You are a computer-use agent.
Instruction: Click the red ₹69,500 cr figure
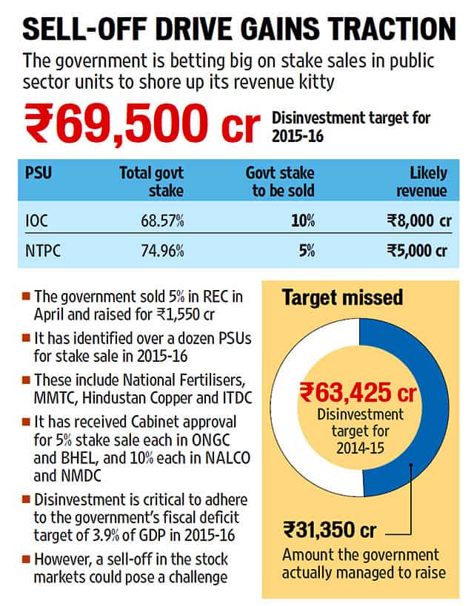coord(142,124)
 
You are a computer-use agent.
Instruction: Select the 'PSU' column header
coord(39,172)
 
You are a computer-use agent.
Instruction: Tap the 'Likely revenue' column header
coord(421,181)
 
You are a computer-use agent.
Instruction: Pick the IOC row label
coord(36,220)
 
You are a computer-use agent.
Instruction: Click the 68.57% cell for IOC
coord(162,220)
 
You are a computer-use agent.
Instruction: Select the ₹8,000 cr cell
coord(419,220)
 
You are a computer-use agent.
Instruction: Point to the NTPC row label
coord(43,251)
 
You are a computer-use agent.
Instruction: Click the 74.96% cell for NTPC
coord(162,251)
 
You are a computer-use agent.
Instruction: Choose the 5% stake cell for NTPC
coord(307,251)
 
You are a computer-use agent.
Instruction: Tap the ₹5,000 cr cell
coord(417,251)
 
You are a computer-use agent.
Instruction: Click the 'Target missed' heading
coord(342,297)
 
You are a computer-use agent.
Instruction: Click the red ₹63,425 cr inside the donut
coord(358,392)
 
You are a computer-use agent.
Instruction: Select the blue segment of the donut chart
coord(430,405)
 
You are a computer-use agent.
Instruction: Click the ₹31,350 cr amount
coord(330,530)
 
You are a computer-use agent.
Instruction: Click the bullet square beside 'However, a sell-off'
coord(27,559)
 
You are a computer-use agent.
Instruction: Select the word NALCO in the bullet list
coord(227,458)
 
